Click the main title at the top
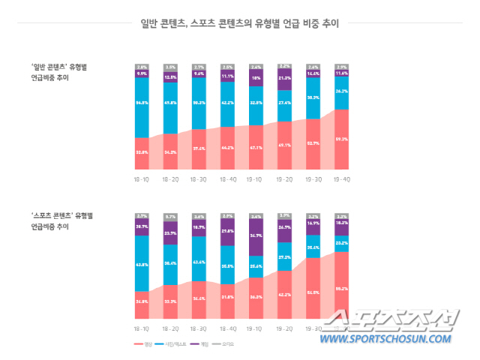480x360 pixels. pyautogui.click(x=240, y=23)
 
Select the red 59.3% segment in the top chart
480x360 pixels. pyautogui.click(x=341, y=139)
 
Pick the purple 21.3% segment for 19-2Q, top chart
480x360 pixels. pyautogui.click(x=284, y=79)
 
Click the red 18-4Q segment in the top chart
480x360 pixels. pyautogui.click(x=227, y=147)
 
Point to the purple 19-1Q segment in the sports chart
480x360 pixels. pyautogui.click(x=256, y=236)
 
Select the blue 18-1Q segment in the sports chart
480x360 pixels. pyautogui.click(x=142, y=262)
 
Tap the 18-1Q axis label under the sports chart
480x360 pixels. pyautogui.click(x=142, y=328)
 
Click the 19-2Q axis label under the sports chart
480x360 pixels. pyautogui.click(x=284, y=328)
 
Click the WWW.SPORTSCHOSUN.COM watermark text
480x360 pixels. pyautogui.click(x=387, y=338)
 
